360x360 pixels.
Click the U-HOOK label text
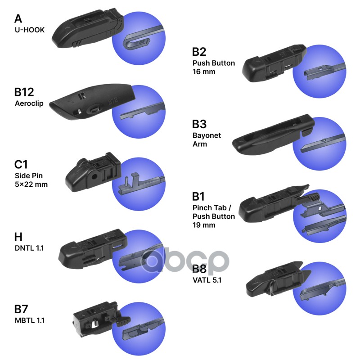point(29,30)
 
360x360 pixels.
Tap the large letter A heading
point(18,19)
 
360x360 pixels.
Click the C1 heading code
point(21,165)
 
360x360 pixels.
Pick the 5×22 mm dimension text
point(31,184)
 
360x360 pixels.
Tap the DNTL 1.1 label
point(29,248)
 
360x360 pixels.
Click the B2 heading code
point(199,52)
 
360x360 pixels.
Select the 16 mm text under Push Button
point(204,72)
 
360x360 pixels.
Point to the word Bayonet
point(207,135)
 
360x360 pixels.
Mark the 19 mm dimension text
point(204,225)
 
